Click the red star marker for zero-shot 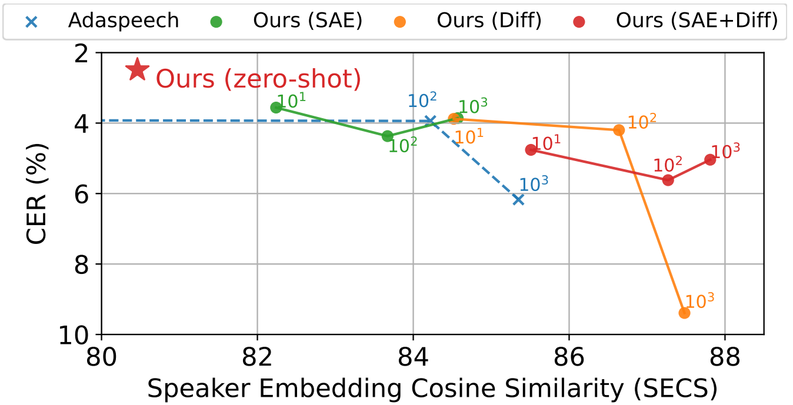point(137,70)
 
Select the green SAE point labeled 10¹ point(276,108)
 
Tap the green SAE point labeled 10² point(388,136)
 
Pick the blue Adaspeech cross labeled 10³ point(518,200)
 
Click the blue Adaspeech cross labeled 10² point(430,121)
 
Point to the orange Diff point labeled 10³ point(684,313)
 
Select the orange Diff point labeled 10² point(619,130)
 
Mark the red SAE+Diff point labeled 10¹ point(531,150)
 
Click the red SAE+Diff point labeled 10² point(668,180)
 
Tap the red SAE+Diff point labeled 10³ point(710,159)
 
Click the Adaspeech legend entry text point(124,21)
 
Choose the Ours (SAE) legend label point(308,21)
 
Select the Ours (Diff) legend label point(489,21)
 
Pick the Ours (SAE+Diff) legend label point(697,21)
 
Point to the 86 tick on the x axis point(569,357)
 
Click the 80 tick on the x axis point(101,357)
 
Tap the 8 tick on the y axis point(81,265)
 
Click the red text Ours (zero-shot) point(258,79)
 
